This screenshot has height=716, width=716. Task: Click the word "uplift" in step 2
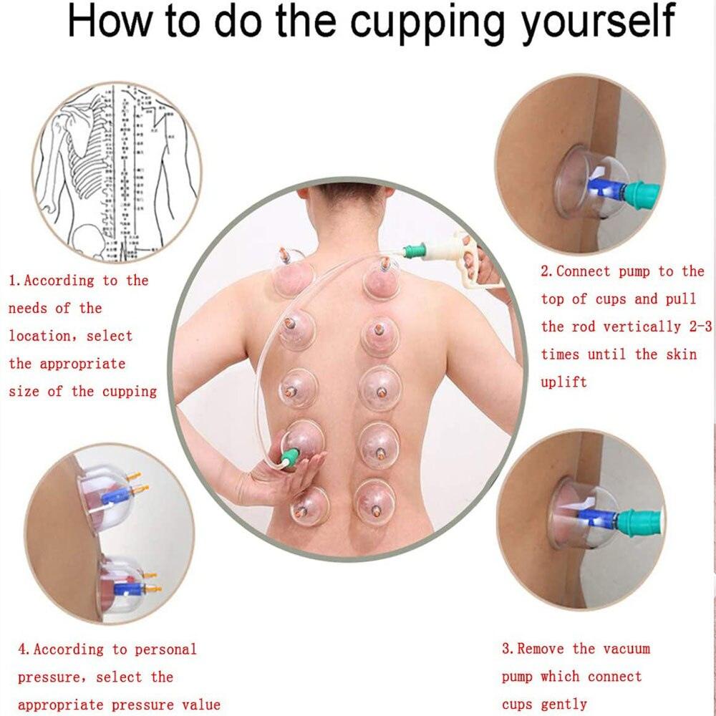563,382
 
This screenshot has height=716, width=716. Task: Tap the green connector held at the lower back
289,458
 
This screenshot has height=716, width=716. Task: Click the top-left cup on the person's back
292,276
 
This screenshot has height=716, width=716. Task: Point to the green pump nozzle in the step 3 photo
637,521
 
